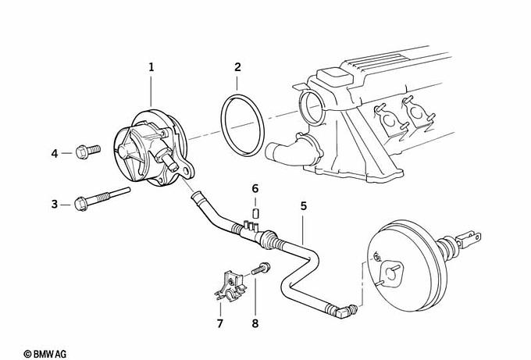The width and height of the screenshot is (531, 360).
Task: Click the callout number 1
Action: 151,67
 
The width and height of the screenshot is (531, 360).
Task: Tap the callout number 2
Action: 237,67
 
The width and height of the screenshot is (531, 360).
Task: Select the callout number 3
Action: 55,205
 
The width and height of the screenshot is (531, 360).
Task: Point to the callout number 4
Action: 55,153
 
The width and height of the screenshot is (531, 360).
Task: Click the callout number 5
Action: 304,205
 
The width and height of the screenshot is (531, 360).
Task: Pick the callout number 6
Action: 255,188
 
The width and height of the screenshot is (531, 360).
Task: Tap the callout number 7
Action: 220,323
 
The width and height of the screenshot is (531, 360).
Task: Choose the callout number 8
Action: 255,323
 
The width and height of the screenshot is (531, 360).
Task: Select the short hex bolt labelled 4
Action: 87,151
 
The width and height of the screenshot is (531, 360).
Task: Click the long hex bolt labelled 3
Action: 102,199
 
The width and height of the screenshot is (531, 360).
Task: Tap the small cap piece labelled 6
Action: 255,214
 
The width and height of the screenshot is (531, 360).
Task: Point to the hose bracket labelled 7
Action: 230,286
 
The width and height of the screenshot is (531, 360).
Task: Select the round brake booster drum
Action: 404,266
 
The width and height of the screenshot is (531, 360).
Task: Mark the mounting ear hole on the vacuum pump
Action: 186,171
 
